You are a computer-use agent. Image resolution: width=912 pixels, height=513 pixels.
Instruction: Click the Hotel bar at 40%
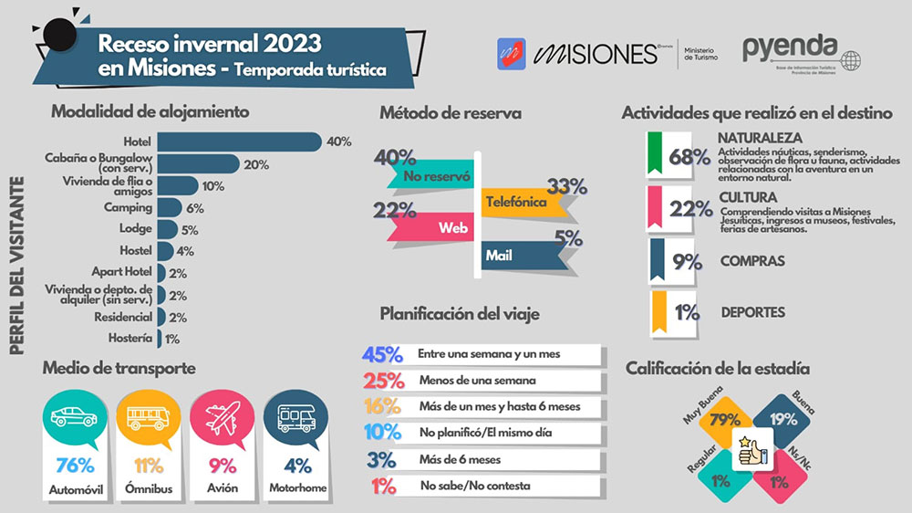pos(239,141)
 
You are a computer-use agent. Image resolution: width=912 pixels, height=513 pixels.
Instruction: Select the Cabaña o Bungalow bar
pos(198,163)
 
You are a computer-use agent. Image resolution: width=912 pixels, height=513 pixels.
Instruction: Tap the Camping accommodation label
pos(128,208)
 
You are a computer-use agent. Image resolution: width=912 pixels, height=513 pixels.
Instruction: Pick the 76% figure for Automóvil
pos(75,465)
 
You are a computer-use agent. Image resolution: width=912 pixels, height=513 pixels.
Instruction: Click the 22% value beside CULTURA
pos(690,210)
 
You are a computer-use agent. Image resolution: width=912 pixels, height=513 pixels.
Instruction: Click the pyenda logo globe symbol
pos(850,61)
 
